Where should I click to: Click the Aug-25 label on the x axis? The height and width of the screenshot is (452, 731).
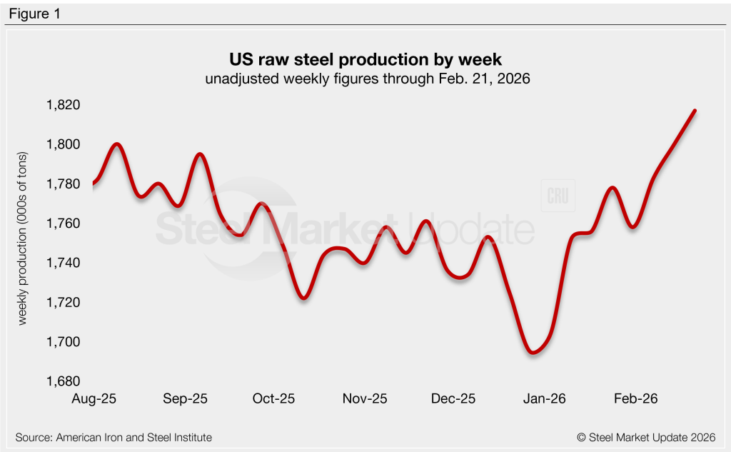pyautogui.click(x=94, y=398)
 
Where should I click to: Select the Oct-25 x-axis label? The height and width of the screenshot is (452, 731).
pyautogui.click(x=274, y=398)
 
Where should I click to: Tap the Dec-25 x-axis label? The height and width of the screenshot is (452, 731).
pyautogui.click(x=455, y=398)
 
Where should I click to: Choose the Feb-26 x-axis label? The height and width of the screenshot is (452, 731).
pyautogui.click(x=635, y=398)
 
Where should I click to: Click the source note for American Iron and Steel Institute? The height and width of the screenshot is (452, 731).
pyautogui.click(x=114, y=437)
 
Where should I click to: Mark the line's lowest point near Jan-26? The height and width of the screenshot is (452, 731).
pyautogui.click(x=532, y=352)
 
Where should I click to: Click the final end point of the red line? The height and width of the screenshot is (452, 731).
pyautogui.click(x=695, y=111)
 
